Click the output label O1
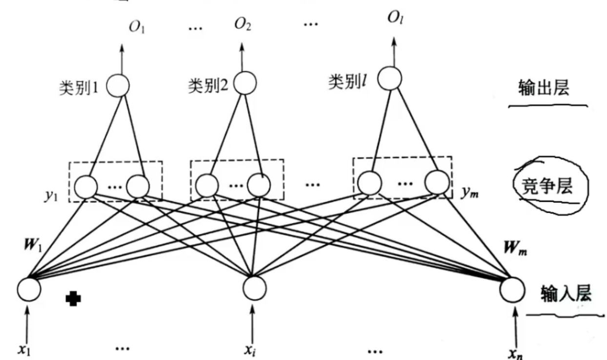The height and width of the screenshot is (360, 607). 137,27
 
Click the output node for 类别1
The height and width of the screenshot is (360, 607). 118,85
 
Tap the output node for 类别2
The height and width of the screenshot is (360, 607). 244,83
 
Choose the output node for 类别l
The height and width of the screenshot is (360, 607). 389,78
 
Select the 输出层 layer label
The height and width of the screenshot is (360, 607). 543,89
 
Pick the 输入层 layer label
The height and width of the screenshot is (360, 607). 566,294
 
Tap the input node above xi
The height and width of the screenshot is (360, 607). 255,288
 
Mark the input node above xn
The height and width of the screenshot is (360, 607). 512,290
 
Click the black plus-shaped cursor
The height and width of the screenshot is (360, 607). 73,299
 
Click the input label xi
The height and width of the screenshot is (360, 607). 251,349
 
